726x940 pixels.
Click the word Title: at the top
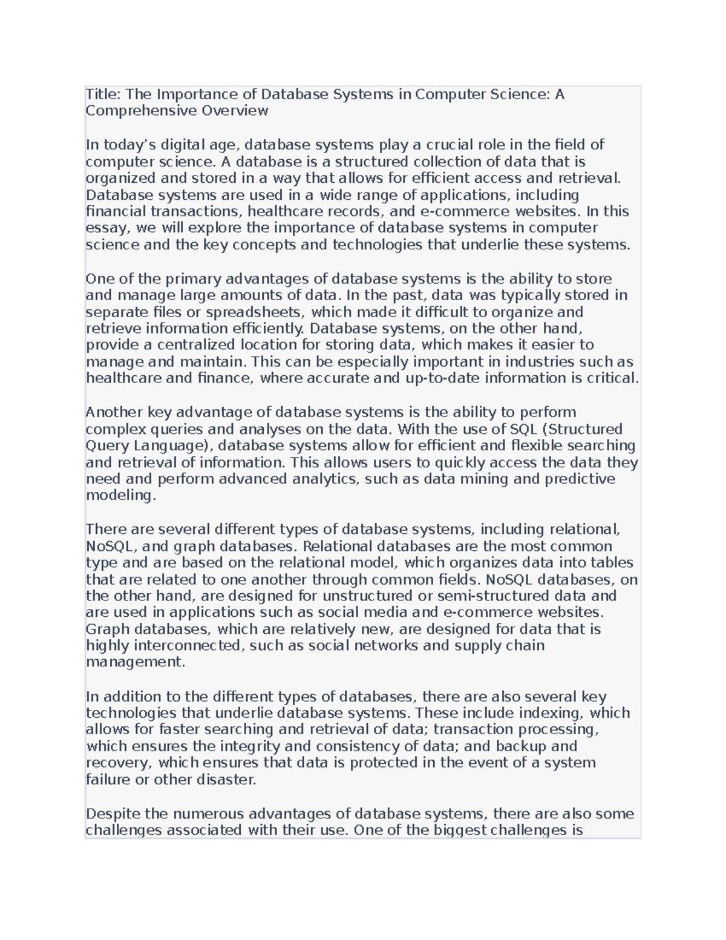(x=103, y=94)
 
